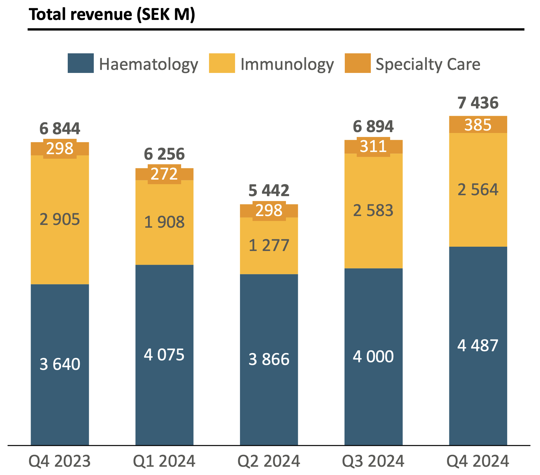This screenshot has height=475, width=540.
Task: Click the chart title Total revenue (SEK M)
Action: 112,15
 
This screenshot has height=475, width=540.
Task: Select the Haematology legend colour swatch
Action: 81,63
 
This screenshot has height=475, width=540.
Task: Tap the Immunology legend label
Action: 287,64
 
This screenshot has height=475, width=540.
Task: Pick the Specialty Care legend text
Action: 428,64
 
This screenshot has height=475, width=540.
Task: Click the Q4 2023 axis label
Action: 60,461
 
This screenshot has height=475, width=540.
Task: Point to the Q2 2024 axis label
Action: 269,461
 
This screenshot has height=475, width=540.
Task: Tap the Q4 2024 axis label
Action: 478,461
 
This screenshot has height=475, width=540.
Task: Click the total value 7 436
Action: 478,103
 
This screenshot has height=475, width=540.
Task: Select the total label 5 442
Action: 269,191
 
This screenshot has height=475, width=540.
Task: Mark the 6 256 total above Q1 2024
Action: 164,154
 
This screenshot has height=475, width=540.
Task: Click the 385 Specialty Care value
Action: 478,125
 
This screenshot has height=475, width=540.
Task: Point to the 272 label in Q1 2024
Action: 164,174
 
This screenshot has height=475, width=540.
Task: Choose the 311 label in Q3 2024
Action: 373,146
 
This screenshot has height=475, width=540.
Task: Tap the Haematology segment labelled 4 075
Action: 164,355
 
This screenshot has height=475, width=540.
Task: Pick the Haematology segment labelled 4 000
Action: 373,356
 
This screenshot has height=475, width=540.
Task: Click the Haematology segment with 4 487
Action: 478,345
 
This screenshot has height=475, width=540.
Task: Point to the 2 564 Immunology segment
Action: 478,190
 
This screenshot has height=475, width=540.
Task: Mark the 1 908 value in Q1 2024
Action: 164,222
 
